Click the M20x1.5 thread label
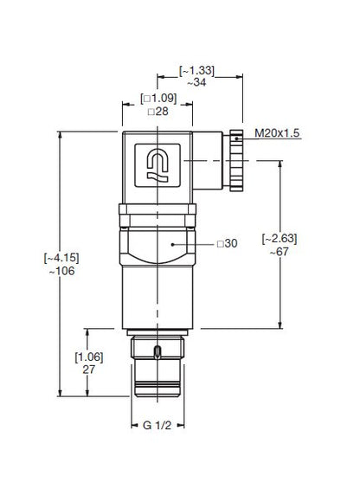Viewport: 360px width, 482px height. [x=277, y=133]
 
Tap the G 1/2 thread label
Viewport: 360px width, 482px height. [x=157, y=426]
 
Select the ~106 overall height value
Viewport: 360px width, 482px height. [x=61, y=271]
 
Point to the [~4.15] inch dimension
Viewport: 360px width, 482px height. [x=61, y=258]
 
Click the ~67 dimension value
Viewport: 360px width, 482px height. [x=280, y=252]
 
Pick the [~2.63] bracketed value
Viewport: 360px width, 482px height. [x=280, y=239]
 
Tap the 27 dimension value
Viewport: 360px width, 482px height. [x=88, y=370]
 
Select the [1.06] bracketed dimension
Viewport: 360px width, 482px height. [x=89, y=357]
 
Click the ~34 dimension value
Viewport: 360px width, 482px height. [x=196, y=82]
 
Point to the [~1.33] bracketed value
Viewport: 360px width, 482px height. [x=196, y=70]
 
